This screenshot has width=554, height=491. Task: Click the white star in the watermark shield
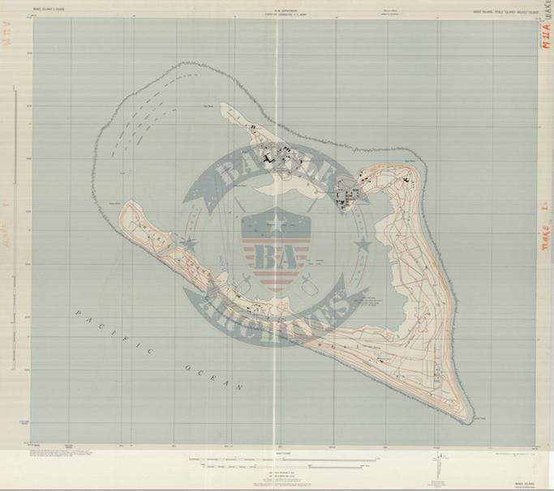(276, 219)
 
